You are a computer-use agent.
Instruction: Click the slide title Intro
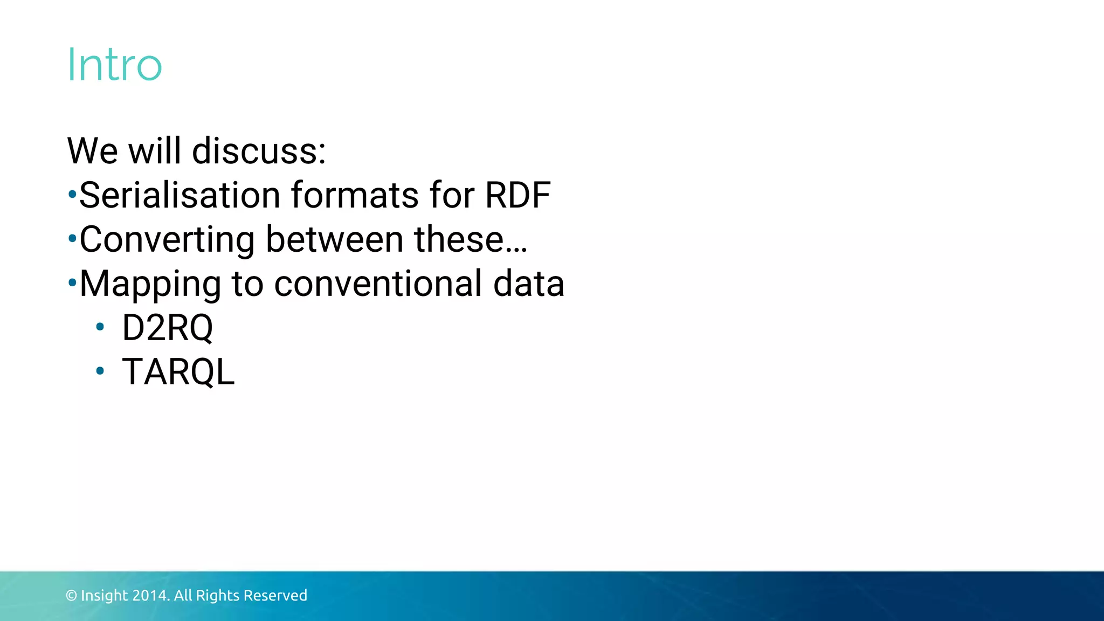(x=114, y=65)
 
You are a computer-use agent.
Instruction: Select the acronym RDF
(x=517, y=195)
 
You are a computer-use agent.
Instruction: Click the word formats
(x=355, y=195)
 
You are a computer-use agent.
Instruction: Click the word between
(x=335, y=239)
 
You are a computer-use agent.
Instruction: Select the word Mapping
(x=150, y=284)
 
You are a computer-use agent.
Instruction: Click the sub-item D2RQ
(x=168, y=328)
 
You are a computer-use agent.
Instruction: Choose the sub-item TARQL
(x=178, y=372)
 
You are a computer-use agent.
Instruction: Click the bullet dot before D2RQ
(x=100, y=327)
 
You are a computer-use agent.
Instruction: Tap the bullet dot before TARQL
(x=100, y=371)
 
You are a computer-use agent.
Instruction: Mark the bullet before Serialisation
(x=72, y=194)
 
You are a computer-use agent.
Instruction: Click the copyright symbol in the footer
(x=71, y=596)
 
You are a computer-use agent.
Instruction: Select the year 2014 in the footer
(x=150, y=596)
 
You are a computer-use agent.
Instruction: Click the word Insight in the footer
(x=105, y=596)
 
